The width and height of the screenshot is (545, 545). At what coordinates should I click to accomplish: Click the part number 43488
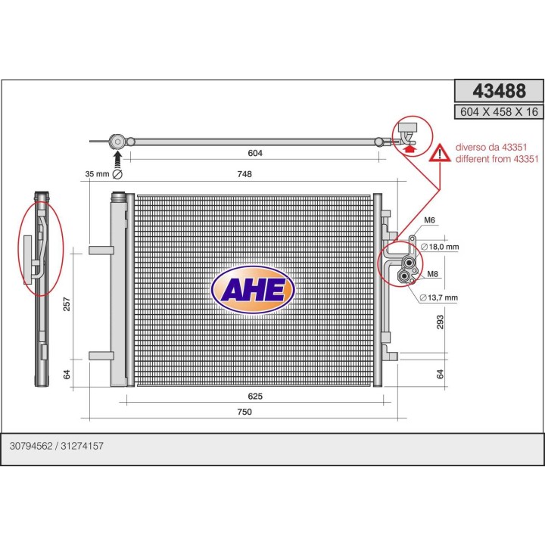coord(499,91)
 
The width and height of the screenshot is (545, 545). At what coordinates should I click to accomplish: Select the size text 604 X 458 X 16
coord(499,112)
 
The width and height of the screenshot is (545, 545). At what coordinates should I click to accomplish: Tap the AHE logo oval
coord(253,290)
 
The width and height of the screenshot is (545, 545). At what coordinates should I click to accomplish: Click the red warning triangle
coord(440,153)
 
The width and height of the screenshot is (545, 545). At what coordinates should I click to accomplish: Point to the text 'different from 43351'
coord(497,159)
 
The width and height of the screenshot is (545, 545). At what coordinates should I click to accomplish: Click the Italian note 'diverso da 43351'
coord(491,148)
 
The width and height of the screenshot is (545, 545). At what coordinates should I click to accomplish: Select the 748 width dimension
coord(244,174)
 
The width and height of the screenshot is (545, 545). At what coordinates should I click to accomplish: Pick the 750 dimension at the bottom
coord(244,412)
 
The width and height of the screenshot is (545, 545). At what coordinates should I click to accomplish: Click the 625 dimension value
coord(255,396)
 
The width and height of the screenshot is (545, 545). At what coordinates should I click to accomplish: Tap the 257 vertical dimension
coord(67,304)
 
